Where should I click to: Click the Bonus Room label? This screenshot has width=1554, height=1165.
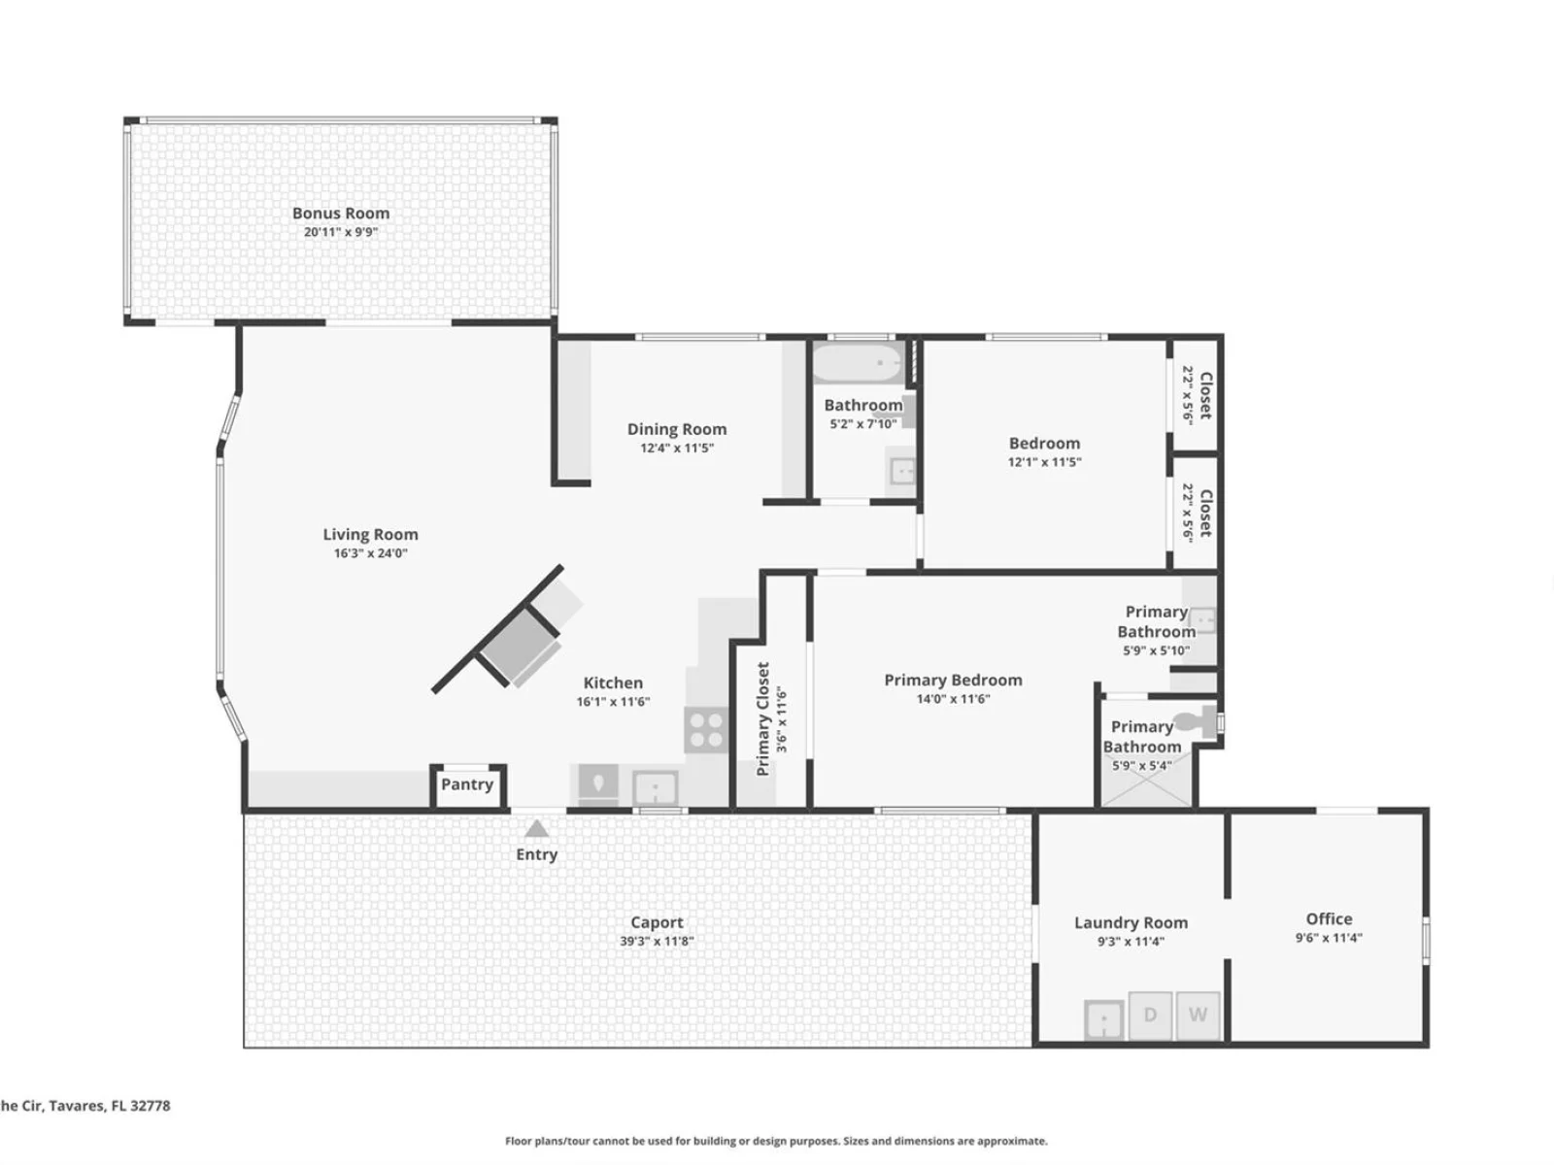[x=341, y=213]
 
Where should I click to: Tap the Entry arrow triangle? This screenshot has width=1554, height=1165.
[x=537, y=828]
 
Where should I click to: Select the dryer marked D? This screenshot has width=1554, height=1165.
[x=1150, y=1015]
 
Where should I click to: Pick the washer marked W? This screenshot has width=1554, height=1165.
[x=1198, y=1015]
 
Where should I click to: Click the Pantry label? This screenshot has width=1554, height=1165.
[x=467, y=784]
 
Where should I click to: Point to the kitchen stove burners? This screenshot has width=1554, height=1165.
[x=706, y=730]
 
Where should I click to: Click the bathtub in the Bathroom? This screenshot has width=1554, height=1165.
[x=858, y=363]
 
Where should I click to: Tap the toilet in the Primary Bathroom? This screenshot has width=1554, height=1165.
[x=1197, y=721]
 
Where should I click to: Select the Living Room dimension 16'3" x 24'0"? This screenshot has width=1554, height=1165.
[x=370, y=553]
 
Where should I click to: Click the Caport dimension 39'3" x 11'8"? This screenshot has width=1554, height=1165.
[x=657, y=941]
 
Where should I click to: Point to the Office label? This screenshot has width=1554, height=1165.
[x=1329, y=918]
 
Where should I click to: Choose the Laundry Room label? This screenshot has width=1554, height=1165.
[x=1131, y=922]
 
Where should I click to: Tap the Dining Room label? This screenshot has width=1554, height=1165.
[x=677, y=429]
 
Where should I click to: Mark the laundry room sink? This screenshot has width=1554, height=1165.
[x=1103, y=1020]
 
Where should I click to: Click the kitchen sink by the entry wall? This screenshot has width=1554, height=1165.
[x=655, y=787]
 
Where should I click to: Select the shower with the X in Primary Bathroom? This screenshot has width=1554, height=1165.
[x=1147, y=778]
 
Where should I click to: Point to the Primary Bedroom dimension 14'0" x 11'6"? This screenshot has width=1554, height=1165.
[x=953, y=699]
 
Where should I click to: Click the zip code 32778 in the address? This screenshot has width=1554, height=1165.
[x=150, y=1106]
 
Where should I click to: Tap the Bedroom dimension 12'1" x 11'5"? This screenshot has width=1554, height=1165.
[x=1044, y=462]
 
